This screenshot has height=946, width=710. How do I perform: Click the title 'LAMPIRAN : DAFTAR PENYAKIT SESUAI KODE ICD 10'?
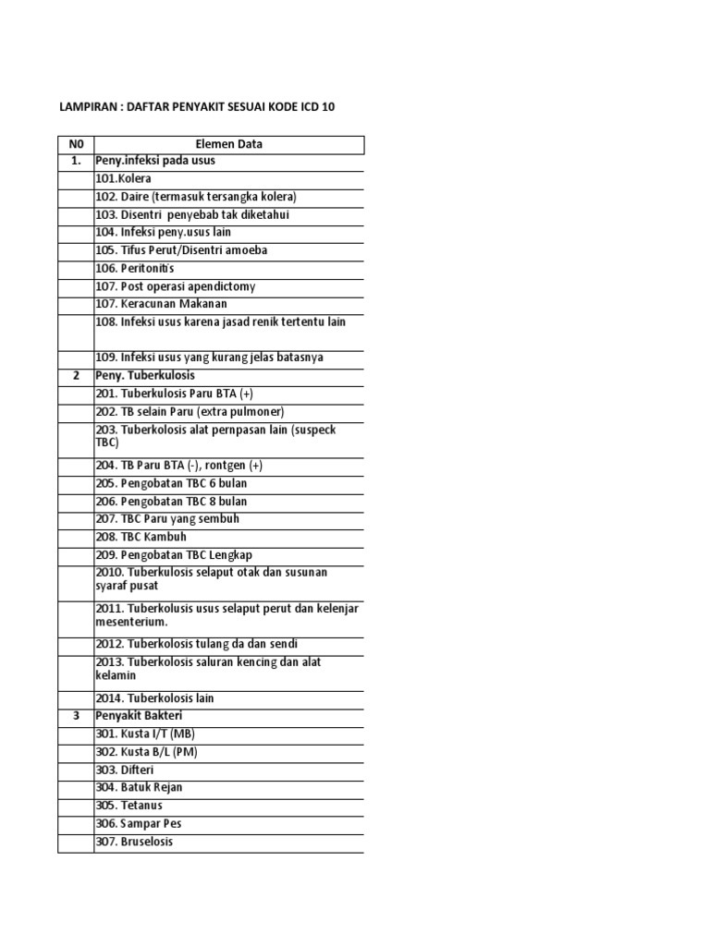tap(197, 107)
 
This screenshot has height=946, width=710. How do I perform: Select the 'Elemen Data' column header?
tap(228, 143)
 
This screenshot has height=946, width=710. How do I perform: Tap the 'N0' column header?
tap(76, 143)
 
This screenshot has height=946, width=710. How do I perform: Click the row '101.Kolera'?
tap(123, 178)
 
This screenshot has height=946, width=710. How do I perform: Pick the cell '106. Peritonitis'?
tap(135, 268)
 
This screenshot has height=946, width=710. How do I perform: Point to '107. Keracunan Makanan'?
tap(161, 304)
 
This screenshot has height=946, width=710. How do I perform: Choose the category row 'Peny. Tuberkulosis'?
tap(145, 376)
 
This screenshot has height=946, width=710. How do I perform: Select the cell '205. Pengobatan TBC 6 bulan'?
tap(171, 483)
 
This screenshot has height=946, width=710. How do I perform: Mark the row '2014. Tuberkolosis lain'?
tap(154, 698)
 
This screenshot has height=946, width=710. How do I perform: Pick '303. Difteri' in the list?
tap(124, 770)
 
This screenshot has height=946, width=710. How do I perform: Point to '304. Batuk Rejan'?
tap(139, 787)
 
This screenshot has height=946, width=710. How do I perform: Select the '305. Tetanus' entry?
tap(129, 806)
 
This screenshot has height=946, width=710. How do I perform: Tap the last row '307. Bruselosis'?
tap(134, 842)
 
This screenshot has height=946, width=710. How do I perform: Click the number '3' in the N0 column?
tap(76, 716)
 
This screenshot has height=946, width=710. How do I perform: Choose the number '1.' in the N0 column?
tap(76, 161)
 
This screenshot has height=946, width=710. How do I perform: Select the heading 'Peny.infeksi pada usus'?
tap(154, 161)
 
